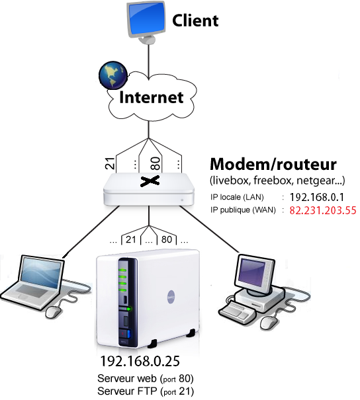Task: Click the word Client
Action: (195, 20)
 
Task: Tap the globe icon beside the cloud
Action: (113, 75)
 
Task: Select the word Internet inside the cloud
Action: (151, 97)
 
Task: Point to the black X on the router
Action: (150, 180)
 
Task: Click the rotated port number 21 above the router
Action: (110, 163)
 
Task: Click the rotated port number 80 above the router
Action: (156, 163)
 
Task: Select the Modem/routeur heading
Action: (273, 164)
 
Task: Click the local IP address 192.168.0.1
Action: (317, 197)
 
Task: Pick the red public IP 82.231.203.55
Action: (323, 210)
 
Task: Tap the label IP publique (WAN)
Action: (243, 210)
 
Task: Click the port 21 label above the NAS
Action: (131, 239)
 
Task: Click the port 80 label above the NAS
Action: (167, 239)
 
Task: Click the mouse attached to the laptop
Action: (54, 311)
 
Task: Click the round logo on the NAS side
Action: (171, 297)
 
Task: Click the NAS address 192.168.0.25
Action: (140, 361)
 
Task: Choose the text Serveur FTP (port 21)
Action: (146, 391)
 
